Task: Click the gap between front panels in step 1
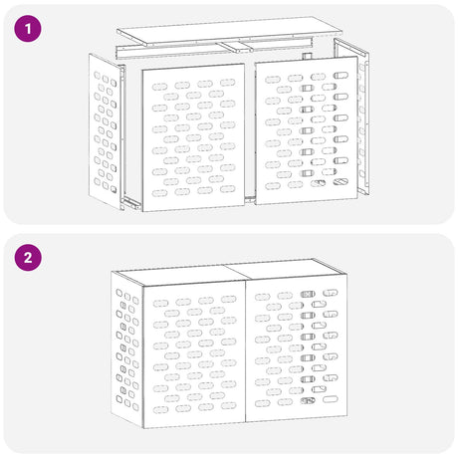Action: coord(250,134)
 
